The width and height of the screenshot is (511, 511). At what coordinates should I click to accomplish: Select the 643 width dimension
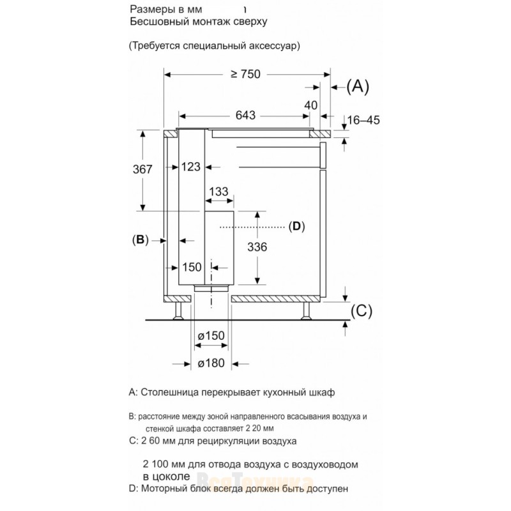point(245,116)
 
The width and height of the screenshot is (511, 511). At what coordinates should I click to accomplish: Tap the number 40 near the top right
point(311,105)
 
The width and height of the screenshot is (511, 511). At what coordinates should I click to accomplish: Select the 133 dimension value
point(218,192)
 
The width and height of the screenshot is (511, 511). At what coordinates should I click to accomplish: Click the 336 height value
point(257,247)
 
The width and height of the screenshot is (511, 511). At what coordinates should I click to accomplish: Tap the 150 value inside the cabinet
point(192,267)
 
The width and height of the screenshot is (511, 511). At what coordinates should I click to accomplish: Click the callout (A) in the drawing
point(358,87)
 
